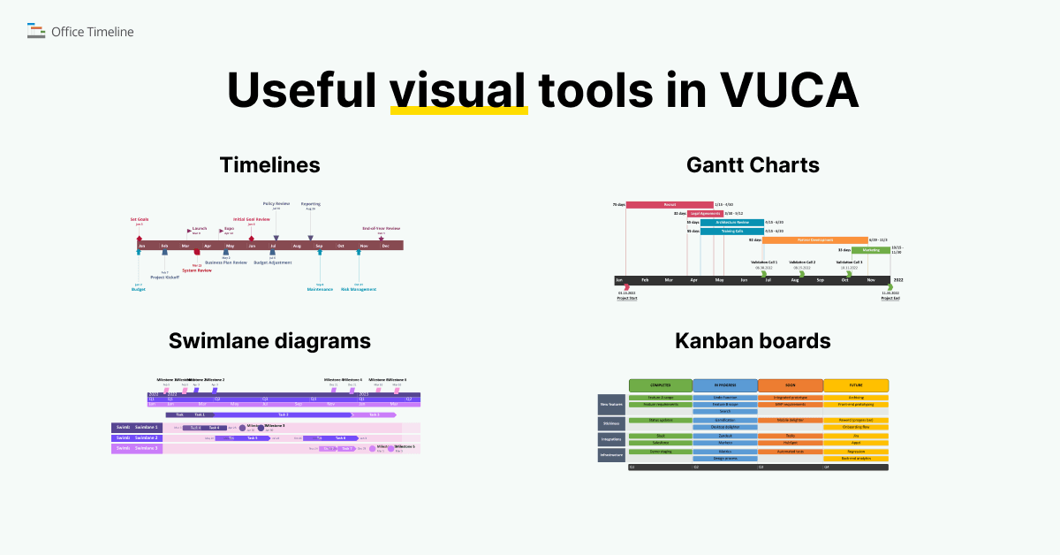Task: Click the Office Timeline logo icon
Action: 36,32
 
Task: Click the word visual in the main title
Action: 458,89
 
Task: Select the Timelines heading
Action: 269,165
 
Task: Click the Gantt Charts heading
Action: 753,165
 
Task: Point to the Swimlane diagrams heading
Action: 269,341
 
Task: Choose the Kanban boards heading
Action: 753,341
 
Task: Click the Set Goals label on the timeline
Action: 140,219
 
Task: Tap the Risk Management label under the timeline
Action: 359,289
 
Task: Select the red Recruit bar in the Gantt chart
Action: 670,205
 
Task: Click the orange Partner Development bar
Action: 814,239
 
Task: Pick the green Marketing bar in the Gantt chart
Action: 871,250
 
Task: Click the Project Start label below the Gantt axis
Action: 627,299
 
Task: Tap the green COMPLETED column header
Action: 660,385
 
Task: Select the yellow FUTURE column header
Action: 856,385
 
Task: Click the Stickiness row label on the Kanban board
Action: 611,423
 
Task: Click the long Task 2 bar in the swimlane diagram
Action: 283,414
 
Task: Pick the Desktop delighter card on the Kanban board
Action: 724,427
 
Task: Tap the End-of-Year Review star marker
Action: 381,237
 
